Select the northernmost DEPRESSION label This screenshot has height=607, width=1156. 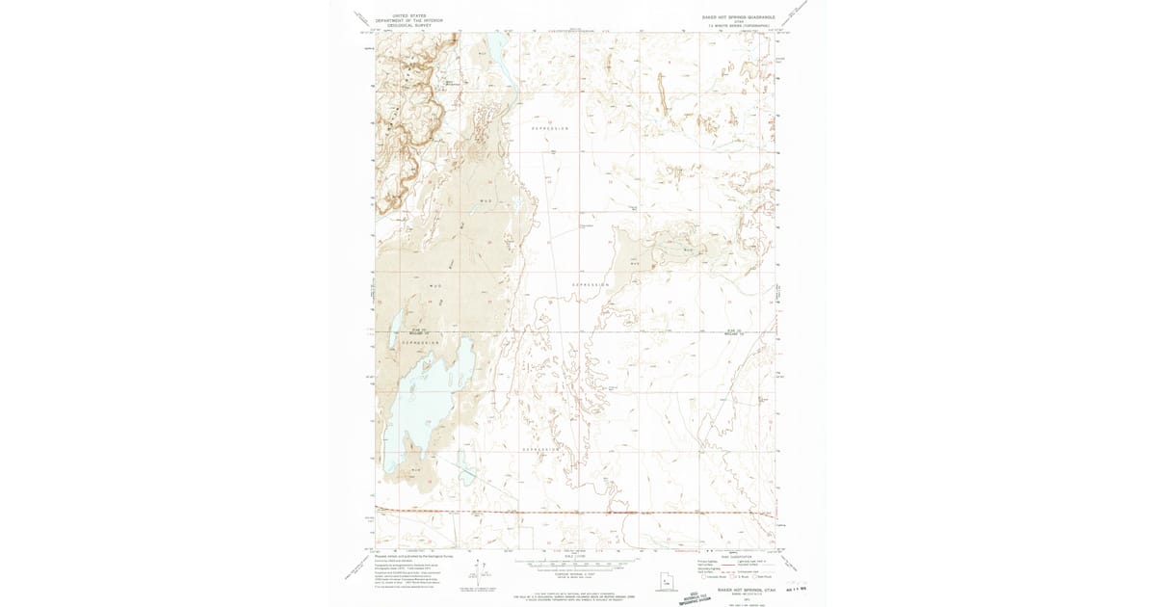[x=550, y=127]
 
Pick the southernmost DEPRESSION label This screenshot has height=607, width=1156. [x=541, y=450]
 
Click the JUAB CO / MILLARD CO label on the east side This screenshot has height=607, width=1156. [x=736, y=332]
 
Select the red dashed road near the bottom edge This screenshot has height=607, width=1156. [x=578, y=512]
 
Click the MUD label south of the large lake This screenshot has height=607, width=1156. [x=416, y=469]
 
